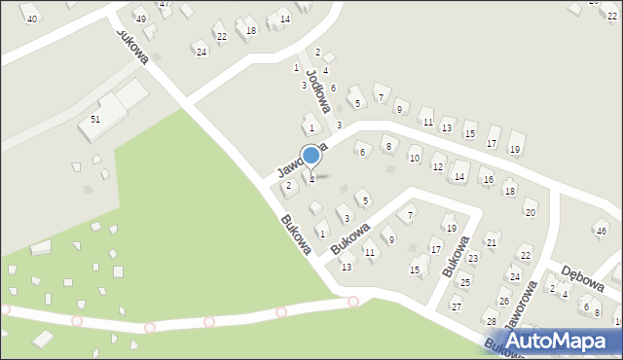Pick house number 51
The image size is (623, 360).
(x=95, y=119)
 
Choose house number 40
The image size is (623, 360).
(x=32, y=19)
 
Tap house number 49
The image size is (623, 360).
(x=141, y=19)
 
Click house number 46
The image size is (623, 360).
(x=602, y=231)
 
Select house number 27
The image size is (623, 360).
(x=456, y=306)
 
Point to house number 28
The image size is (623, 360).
(x=492, y=322)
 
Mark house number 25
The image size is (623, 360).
(x=465, y=282)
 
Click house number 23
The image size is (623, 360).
(x=472, y=258)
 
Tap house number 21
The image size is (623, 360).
(x=493, y=242)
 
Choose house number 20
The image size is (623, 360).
(x=530, y=212)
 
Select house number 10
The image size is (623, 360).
(x=415, y=158)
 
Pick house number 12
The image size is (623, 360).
(x=438, y=167)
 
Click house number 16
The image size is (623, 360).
(x=487, y=180)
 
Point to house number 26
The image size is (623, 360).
(x=504, y=302)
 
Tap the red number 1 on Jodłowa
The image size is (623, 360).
(x=297, y=67)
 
